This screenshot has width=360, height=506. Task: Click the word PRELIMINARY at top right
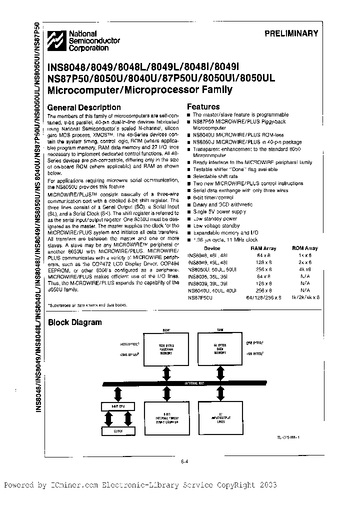(291, 33)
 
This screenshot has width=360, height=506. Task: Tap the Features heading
(203, 106)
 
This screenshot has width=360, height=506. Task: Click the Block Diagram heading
(74, 322)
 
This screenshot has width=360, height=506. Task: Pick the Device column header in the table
(211, 248)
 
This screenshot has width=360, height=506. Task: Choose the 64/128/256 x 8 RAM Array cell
(261, 297)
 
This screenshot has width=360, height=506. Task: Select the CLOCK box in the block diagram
(118, 430)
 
